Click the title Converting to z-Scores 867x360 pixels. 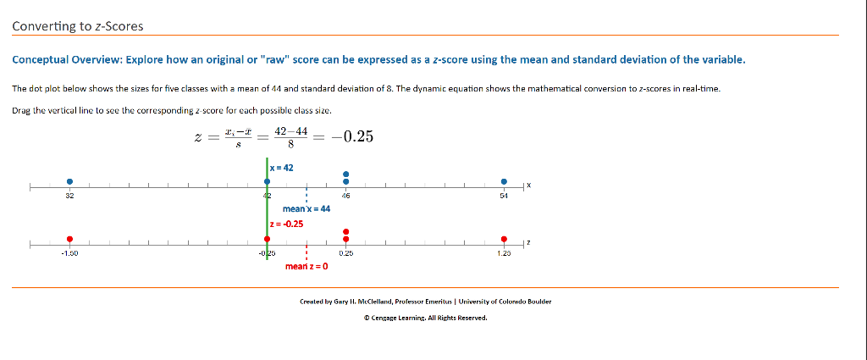tap(78, 26)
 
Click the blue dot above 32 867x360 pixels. tap(70, 180)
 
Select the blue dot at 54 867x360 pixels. tap(504, 180)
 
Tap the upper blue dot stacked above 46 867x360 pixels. tap(345, 174)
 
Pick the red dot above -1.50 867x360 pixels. tap(70, 239)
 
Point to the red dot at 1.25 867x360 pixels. tap(504, 239)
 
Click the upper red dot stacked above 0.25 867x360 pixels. tap(345, 231)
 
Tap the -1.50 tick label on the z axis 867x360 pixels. tap(70, 252)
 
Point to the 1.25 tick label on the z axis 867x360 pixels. tap(504, 252)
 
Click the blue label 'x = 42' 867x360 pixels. tap(283, 168)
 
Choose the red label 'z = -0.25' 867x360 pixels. tap(287, 224)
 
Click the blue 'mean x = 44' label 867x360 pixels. tap(306, 208)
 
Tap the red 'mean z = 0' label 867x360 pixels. tap(306, 266)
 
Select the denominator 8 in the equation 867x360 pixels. tap(291, 145)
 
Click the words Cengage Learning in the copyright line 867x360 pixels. tap(396, 318)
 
